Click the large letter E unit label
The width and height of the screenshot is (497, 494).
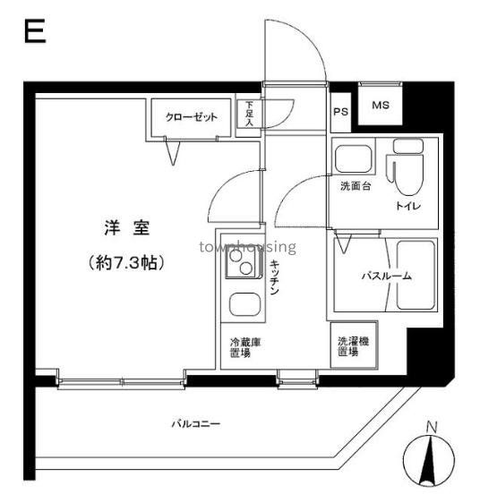click(34, 33)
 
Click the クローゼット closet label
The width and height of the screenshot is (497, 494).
click(192, 116)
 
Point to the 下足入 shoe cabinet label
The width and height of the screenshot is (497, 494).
click(249, 115)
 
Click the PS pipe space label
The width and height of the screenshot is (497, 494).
click(340, 112)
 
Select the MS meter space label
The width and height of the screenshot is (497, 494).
click(380, 106)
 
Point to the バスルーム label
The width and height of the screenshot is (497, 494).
click(386, 277)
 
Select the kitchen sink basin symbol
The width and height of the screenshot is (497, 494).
click(242, 304)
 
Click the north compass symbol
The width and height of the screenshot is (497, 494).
click(430, 457)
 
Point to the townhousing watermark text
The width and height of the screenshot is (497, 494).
click(248, 246)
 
